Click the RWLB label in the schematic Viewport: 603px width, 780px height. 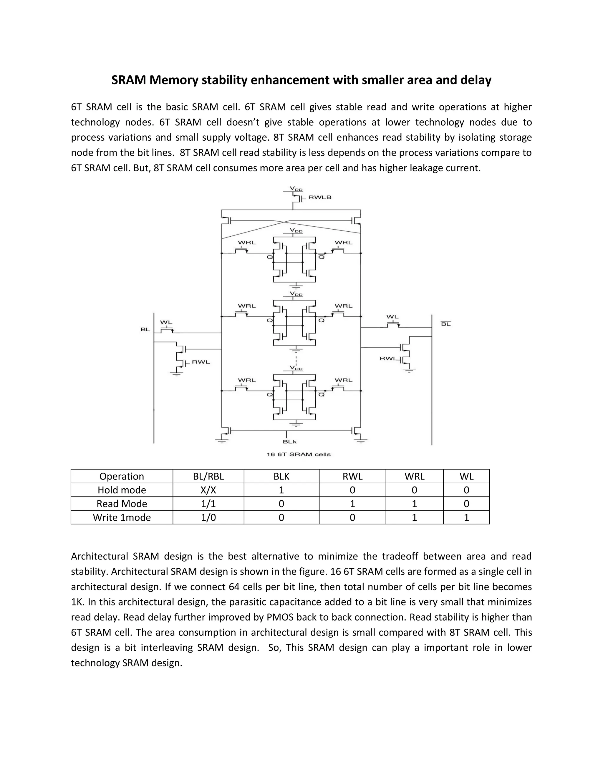320,197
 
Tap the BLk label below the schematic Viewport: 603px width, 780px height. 290,442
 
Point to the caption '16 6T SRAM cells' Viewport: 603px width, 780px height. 299,454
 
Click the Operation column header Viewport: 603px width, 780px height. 122,477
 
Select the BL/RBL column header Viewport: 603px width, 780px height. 208,477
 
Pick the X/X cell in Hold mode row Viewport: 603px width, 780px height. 208,490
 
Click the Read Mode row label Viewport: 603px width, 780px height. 122,504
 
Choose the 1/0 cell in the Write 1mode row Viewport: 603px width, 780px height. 208,517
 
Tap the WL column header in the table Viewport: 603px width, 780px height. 466,477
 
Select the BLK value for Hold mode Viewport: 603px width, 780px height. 281,490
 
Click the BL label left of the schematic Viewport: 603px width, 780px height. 145,329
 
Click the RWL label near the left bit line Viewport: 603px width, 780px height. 201,362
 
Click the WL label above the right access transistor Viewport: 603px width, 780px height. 392,317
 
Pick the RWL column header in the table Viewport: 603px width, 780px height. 352,477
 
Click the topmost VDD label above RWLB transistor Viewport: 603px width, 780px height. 296,189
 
